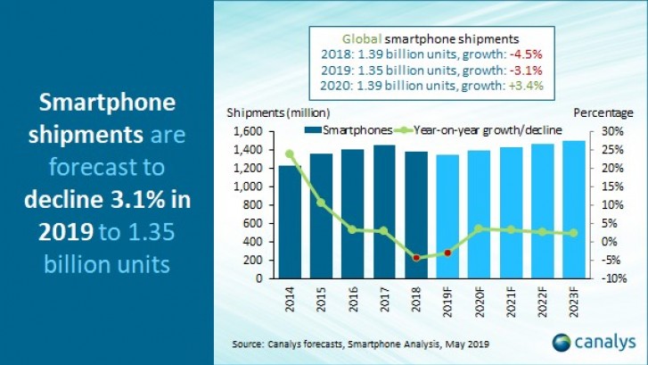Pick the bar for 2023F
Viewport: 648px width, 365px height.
pos(575,209)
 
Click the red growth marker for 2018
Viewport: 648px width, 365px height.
pos(416,258)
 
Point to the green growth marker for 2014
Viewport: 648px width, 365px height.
pos(289,153)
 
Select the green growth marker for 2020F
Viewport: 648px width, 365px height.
pos(480,228)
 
